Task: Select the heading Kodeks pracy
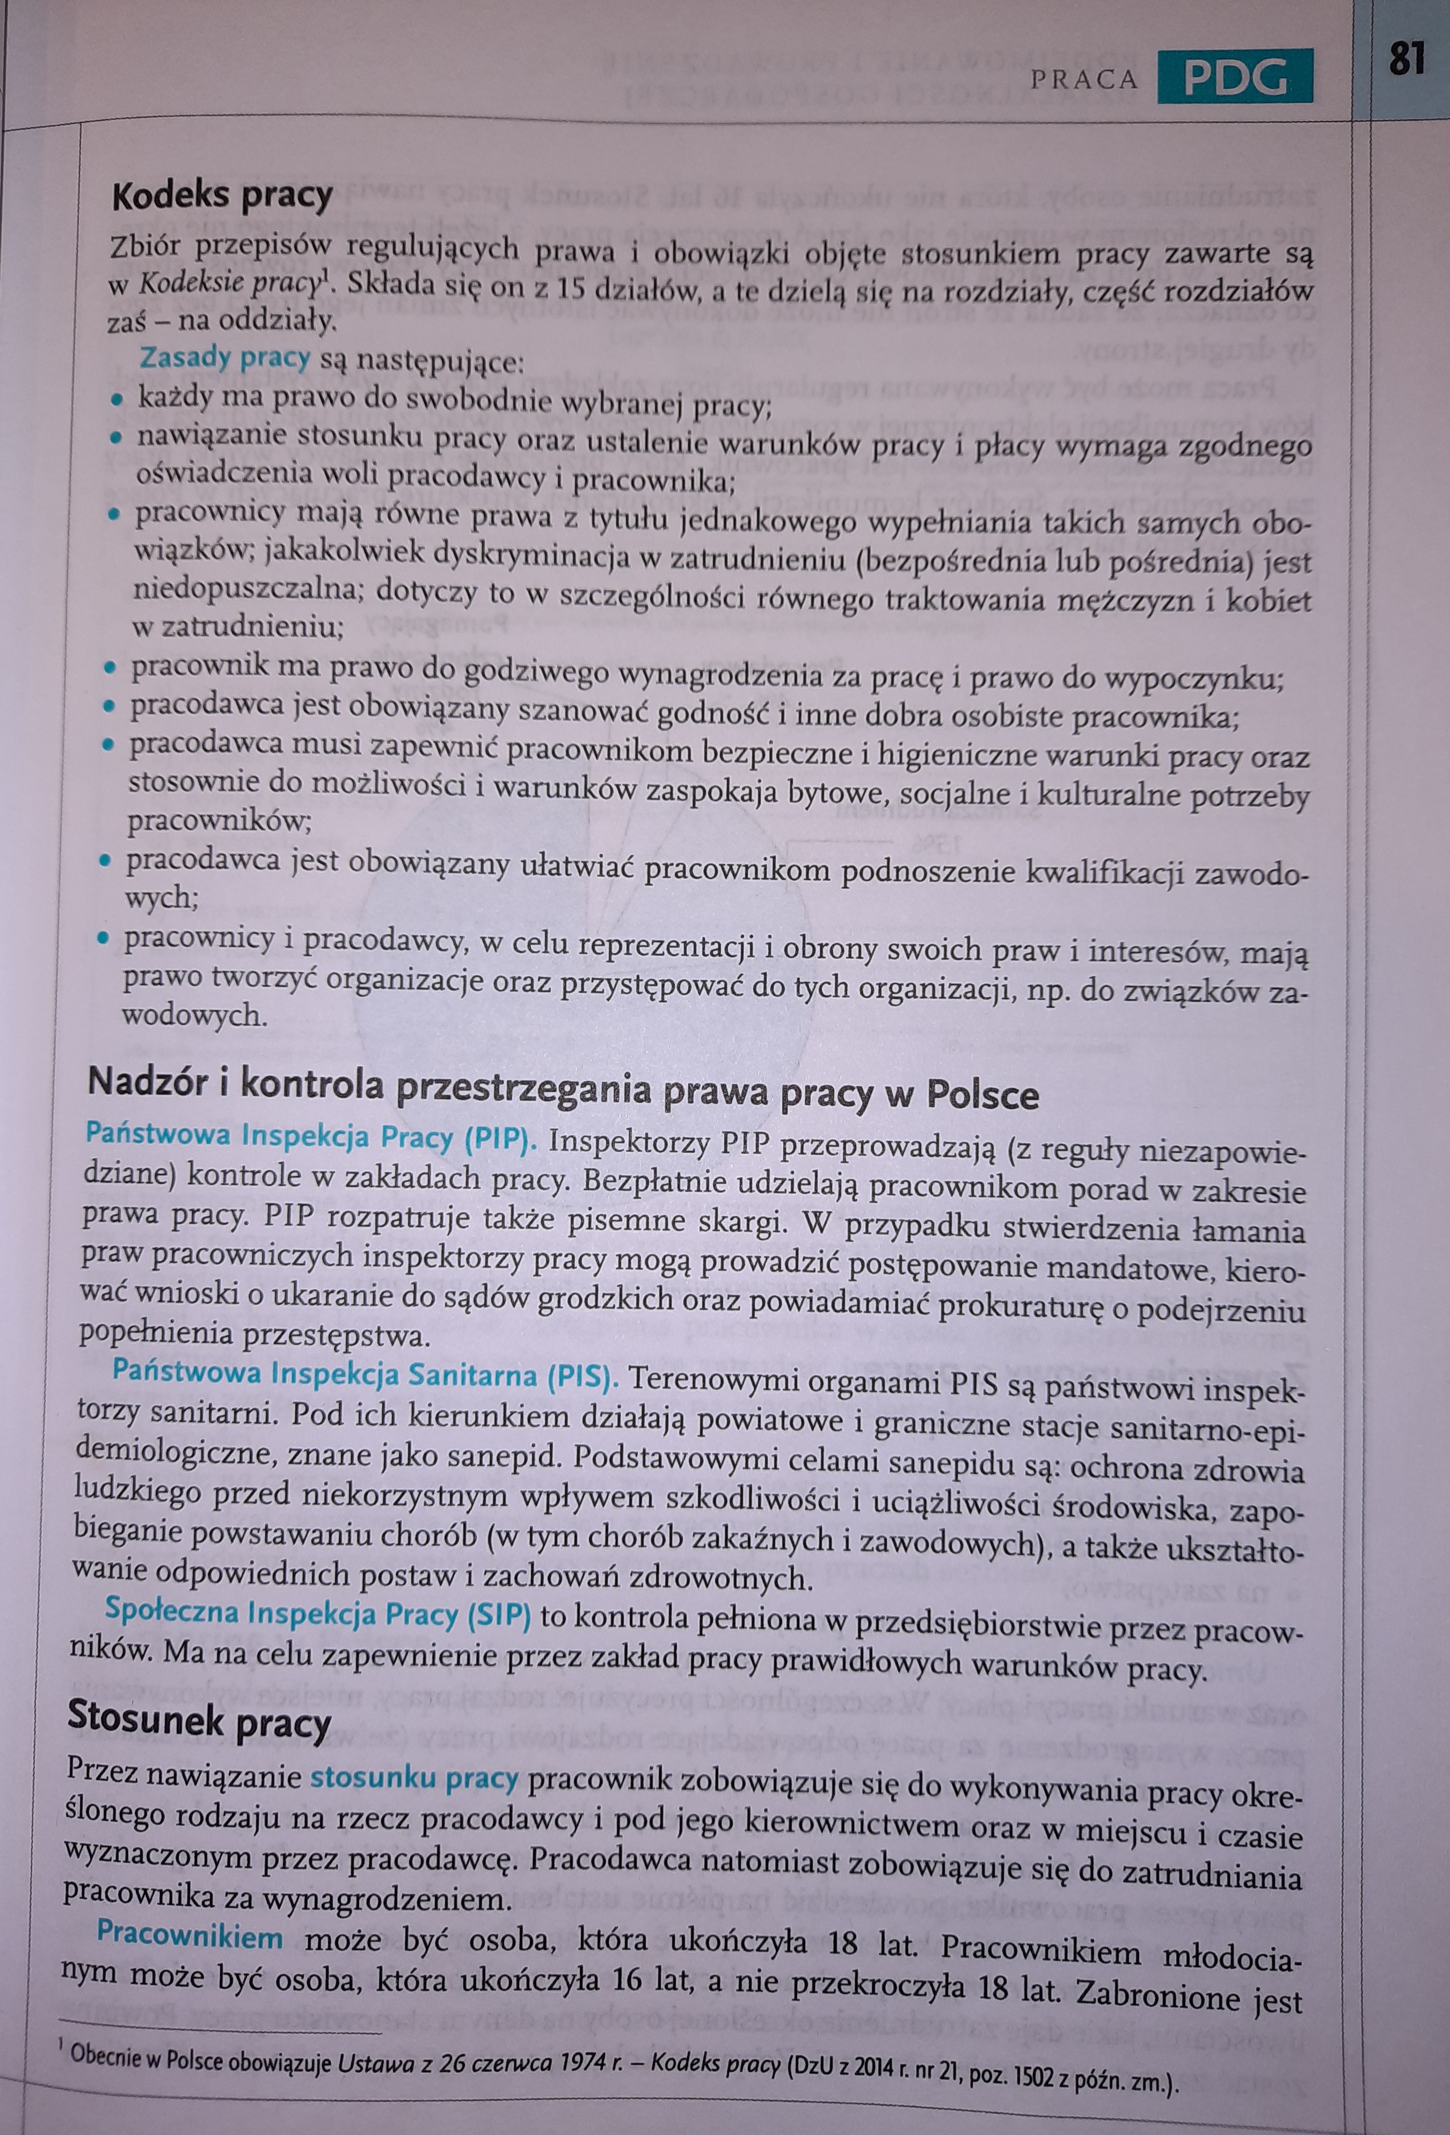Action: (222, 196)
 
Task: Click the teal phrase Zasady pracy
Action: (224, 357)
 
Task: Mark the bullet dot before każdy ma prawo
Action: (116, 400)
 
